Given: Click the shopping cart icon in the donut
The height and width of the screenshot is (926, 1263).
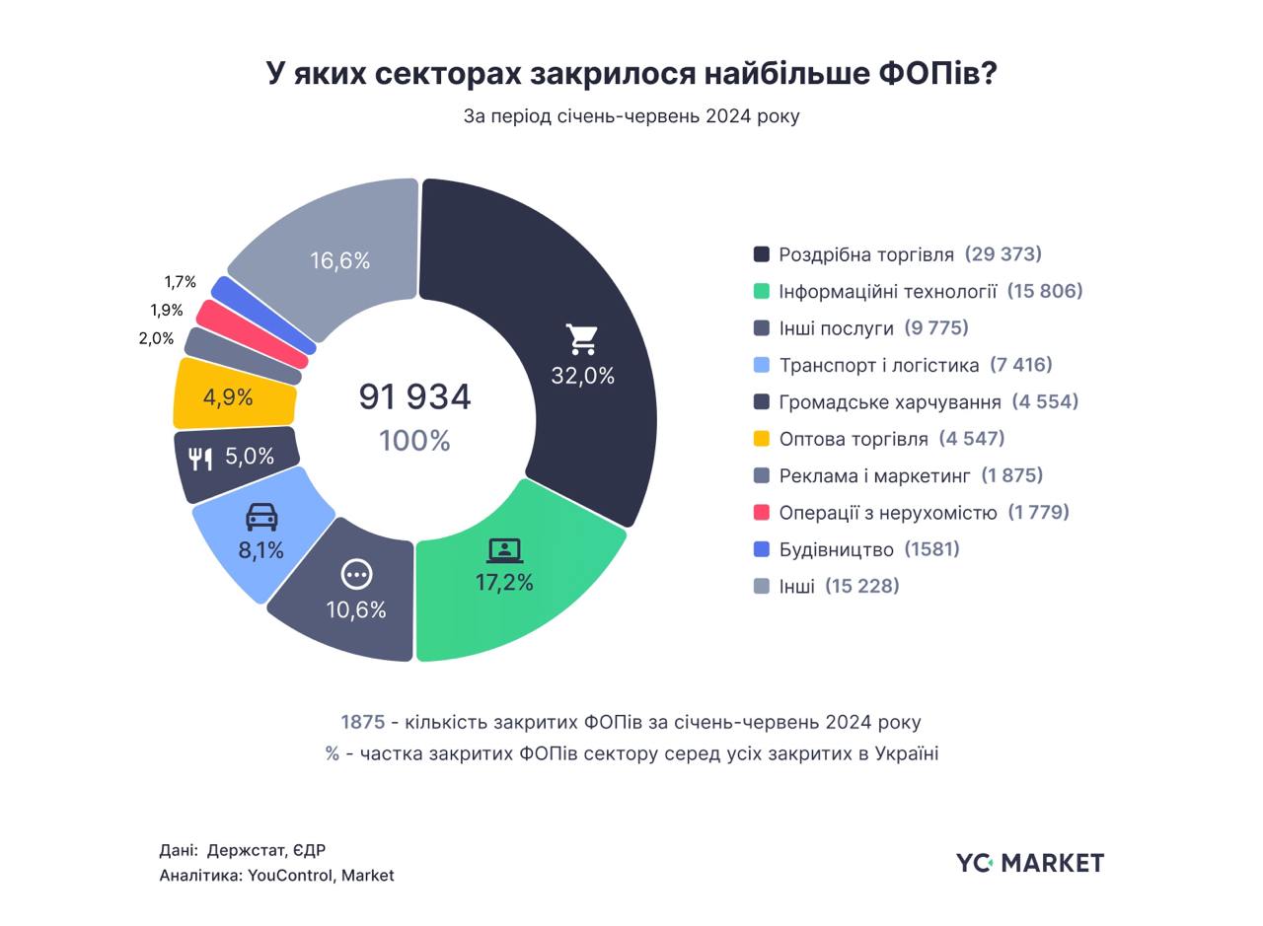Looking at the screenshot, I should pyautogui.click(x=582, y=338).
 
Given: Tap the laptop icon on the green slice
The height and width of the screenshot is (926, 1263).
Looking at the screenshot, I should pyautogui.click(x=504, y=550).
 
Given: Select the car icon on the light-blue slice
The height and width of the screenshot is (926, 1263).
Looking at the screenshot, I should pyautogui.click(x=261, y=517).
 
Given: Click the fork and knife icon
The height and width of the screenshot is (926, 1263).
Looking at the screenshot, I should pyautogui.click(x=200, y=459).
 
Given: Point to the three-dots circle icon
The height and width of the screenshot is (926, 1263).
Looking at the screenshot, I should pyautogui.click(x=356, y=574).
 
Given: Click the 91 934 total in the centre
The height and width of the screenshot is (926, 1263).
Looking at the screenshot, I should pyautogui.click(x=414, y=396).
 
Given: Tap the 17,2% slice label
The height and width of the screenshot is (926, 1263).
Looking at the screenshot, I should pyautogui.click(x=504, y=583).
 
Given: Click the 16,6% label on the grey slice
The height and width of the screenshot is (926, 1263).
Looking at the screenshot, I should pyautogui.click(x=340, y=260).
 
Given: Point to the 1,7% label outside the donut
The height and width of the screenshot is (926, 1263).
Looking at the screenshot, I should pyautogui.click(x=181, y=282).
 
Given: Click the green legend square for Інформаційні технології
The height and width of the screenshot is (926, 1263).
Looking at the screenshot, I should pyautogui.click(x=762, y=291).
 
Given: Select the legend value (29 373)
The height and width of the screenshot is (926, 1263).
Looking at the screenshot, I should pyautogui.click(x=1003, y=254).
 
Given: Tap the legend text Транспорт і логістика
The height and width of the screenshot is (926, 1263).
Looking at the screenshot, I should pyautogui.click(x=879, y=365).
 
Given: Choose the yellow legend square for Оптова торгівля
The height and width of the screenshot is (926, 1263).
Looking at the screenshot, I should pyautogui.click(x=762, y=439).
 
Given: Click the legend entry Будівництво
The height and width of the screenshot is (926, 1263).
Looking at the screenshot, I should pyautogui.click(x=836, y=549).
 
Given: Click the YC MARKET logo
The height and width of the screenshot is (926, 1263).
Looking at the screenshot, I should pyautogui.click(x=1030, y=863).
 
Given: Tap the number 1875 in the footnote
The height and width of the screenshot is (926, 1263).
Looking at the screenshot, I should pyautogui.click(x=362, y=722).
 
